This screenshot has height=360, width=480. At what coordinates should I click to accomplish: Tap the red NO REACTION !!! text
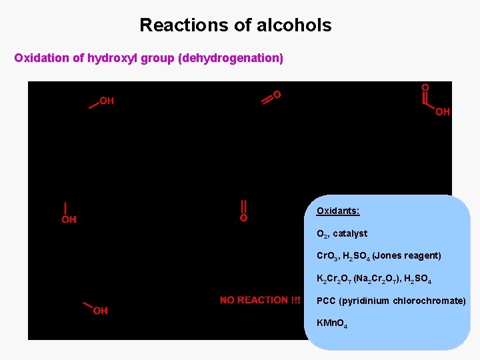pyautogui.click(x=260, y=301)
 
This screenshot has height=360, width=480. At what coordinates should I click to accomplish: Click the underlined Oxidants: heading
pyautogui.click(x=338, y=211)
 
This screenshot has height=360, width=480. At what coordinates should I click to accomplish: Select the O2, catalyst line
pyautogui.click(x=342, y=234)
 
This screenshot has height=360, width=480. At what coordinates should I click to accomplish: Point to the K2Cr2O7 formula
pyautogui.click(x=333, y=279)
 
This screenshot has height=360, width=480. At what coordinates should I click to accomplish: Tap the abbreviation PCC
pyautogui.click(x=326, y=301)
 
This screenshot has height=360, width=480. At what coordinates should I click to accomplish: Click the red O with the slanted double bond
pyautogui.click(x=277, y=95)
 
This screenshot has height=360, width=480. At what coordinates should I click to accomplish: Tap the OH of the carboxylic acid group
pyautogui.click(x=443, y=112)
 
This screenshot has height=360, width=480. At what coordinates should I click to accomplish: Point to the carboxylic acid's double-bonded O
pyautogui.click(x=425, y=87)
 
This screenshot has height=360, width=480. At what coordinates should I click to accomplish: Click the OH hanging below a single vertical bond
pyautogui.click(x=69, y=219)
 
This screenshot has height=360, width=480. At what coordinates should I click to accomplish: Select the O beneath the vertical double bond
pyautogui.click(x=243, y=218)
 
